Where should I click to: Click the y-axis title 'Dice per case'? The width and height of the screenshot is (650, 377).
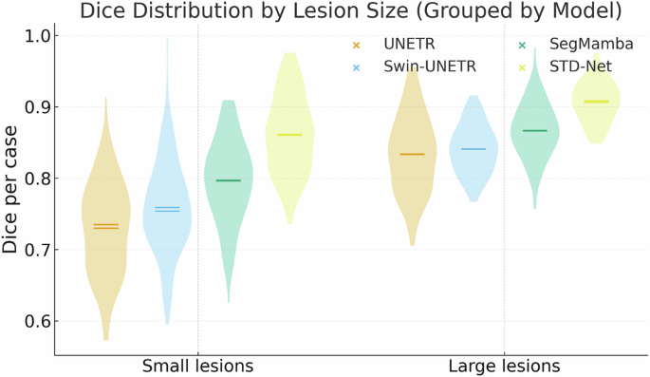pyautogui.click(x=11, y=191)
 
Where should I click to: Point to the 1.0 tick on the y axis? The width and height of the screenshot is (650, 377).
pyautogui.click(x=39, y=36)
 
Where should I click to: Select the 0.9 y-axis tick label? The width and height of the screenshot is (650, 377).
pyautogui.click(x=39, y=107)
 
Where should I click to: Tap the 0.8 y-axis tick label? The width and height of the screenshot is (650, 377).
pyautogui.click(x=39, y=179)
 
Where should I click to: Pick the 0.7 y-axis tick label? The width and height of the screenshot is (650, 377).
pyautogui.click(x=39, y=250)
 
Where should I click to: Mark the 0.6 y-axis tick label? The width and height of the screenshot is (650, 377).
pyautogui.click(x=39, y=321)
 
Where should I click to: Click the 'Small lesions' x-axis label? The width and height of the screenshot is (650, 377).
pyautogui.click(x=197, y=366)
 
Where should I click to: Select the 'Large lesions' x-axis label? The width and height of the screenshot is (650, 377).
pyautogui.click(x=504, y=366)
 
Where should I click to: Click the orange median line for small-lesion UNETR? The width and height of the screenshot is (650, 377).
pyautogui.click(x=106, y=226)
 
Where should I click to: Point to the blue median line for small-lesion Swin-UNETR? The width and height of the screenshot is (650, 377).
pyautogui.click(x=167, y=209)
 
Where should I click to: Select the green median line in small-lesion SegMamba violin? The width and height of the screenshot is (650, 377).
pyautogui.click(x=229, y=180)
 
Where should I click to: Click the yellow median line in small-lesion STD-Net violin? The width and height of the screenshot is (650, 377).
pyautogui.click(x=289, y=135)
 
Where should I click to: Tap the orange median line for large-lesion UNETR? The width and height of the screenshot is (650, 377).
pyautogui.click(x=412, y=154)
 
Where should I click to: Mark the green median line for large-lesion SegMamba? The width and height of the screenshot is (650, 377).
pyautogui.click(x=534, y=130)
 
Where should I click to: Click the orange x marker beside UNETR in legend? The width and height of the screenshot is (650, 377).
pyautogui.click(x=356, y=45)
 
